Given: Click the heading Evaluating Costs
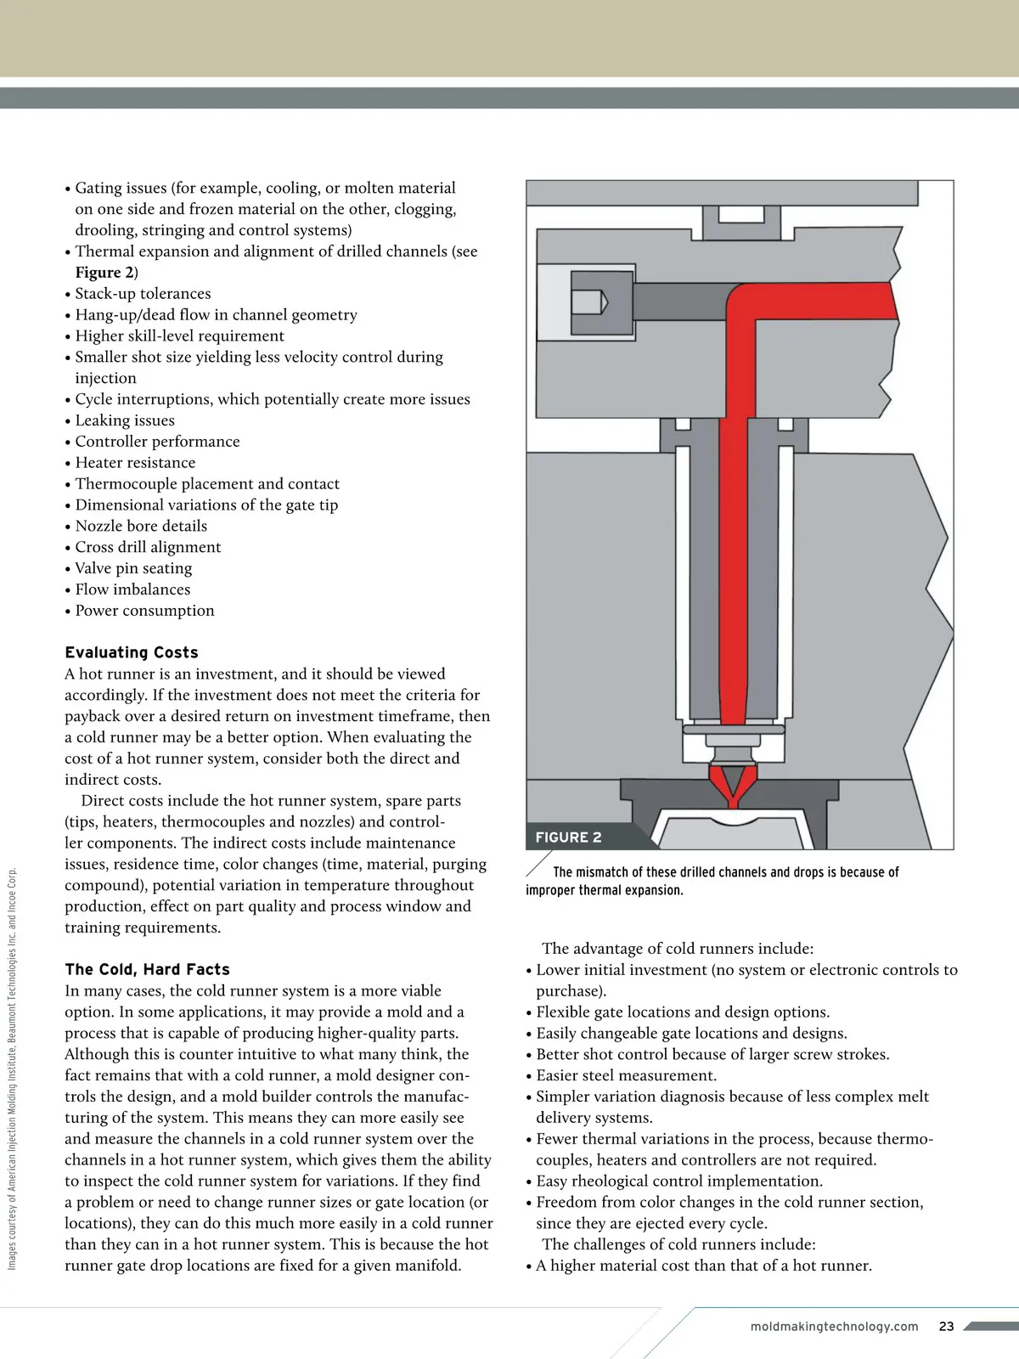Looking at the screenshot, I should coord(132,652).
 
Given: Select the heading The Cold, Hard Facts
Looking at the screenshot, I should coord(147,969).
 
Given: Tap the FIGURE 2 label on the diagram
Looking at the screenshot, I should coord(568,837).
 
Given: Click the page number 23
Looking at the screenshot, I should coord(947,1326).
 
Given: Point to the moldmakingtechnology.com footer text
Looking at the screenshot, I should coord(834,1326).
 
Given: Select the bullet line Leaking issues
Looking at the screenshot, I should coord(125,420).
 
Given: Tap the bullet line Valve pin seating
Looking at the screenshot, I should coord(133,568).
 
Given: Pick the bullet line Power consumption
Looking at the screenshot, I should coord(144,611).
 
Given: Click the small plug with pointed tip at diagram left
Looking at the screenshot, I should coord(589,302).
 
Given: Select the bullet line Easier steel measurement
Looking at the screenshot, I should coord(626,1075).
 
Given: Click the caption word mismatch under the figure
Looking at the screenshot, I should coord(602,872).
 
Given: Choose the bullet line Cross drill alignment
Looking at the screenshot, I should coord(148,547).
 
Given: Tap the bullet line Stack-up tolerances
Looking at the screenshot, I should coord(143,294).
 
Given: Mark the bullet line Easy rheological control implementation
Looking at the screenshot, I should coord(678,1181).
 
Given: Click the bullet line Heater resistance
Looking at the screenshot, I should coord(135,463).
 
